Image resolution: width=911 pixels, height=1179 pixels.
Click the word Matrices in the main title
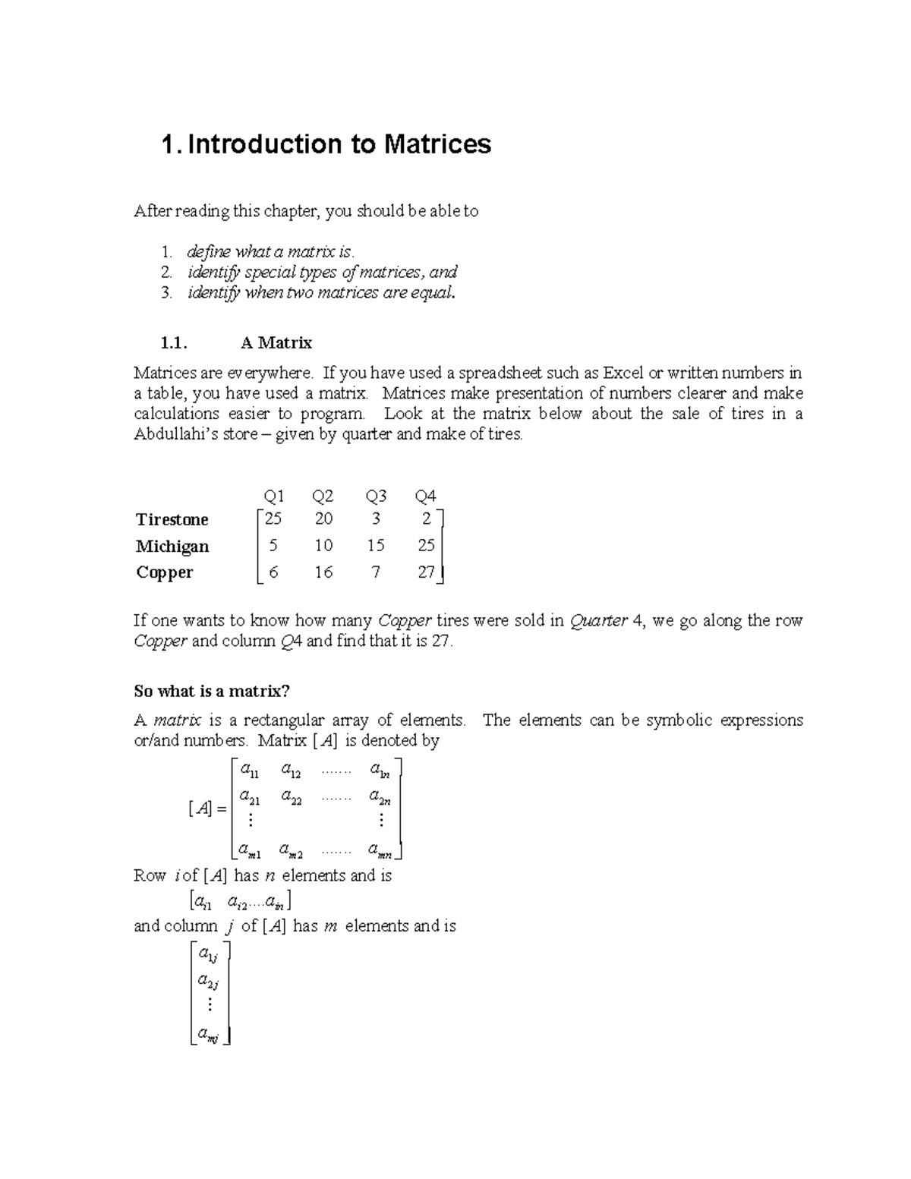click(437, 144)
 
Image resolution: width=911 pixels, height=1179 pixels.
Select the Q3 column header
click(376, 497)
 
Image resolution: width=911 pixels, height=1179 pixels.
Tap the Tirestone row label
click(172, 520)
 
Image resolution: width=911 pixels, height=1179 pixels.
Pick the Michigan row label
click(172, 547)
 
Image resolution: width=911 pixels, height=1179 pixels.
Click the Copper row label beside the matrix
click(165, 572)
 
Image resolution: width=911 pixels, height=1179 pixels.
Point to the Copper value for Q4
click(426, 572)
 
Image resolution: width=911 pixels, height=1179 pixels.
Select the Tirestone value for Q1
click(273, 519)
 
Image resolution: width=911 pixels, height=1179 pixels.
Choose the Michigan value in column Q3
click(375, 546)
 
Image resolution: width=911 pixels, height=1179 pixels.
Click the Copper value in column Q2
click(323, 572)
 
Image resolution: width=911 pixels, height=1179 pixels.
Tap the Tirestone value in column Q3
click(376, 519)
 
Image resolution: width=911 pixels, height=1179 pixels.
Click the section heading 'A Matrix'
click(276, 343)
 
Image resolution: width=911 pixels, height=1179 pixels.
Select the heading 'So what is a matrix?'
click(212, 691)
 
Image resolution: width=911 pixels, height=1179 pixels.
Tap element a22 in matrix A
click(291, 797)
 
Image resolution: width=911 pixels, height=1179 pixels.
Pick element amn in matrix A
click(379, 850)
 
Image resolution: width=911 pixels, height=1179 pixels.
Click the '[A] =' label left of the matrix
click(206, 809)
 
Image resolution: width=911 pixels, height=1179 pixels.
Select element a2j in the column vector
click(208, 982)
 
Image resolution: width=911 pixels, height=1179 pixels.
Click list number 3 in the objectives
click(167, 293)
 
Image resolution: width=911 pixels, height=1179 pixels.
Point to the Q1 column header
click(273, 497)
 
